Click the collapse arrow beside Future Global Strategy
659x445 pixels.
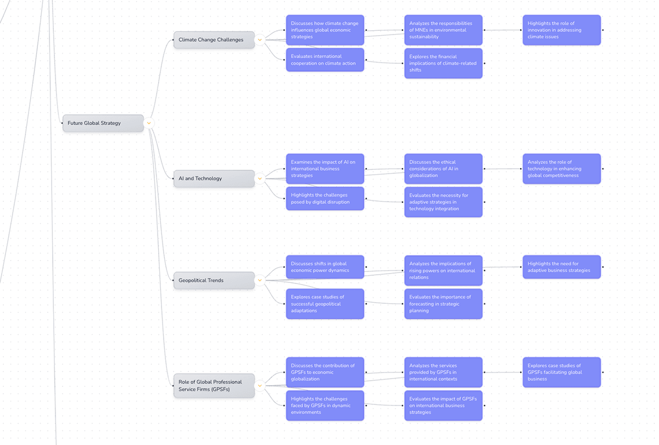pos(149,123)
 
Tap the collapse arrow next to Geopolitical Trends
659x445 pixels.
pos(260,280)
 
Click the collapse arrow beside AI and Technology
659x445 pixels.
pos(260,179)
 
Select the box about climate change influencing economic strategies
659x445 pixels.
pos(325,30)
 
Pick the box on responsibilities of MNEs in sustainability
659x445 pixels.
pos(443,30)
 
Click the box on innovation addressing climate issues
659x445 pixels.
pos(561,30)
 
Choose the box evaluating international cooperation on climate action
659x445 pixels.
pos(325,60)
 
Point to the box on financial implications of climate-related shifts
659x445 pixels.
pos(443,63)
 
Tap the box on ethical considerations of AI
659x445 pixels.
pos(443,169)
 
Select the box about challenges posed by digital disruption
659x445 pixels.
pos(325,198)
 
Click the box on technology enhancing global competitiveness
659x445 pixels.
pos(561,169)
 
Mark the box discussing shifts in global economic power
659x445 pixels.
pos(325,267)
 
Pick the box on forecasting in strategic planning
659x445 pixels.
pos(443,304)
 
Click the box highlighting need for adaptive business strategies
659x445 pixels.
pos(561,267)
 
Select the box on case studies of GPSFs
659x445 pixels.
pos(561,372)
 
